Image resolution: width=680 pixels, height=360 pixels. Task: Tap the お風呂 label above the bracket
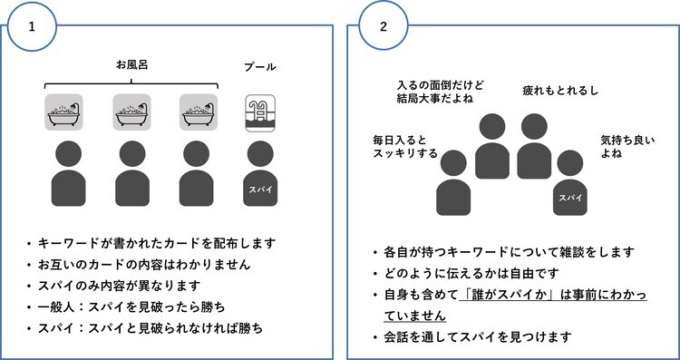pyautogui.click(x=132, y=65)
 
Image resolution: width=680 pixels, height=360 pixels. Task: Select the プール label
pyautogui.click(x=260, y=67)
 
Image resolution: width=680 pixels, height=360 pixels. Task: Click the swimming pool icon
pyautogui.click(x=260, y=112)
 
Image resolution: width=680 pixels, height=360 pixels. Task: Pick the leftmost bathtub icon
pyautogui.click(x=64, y=112)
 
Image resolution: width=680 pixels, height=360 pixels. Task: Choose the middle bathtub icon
pyautogui.click(x=131, y=112)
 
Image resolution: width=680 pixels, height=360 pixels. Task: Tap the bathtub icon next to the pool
pyautogui.click(x=199, y=112)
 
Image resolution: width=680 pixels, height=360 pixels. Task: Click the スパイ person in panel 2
pyautogui.click(x=569, y=186)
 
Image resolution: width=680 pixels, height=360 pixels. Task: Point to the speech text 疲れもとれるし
pyautogui.click(x=559, y=91)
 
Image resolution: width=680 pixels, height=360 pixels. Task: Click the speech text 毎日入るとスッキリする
pyautogui.click(x=404, y=147)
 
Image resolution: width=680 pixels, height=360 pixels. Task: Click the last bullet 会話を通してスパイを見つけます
pyautogui.click(x=478, y=338)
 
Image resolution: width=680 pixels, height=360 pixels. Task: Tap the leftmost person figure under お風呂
pyautogui.click(x=64, y=173)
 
